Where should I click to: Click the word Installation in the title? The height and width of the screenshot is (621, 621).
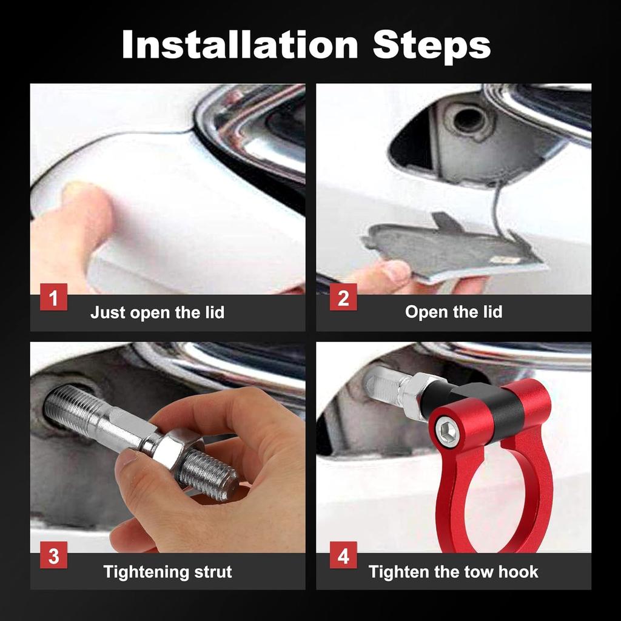pos(240,44)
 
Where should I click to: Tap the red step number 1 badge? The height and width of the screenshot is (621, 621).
pos(53,297)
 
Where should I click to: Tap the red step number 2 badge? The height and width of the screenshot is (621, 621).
pos(343,297)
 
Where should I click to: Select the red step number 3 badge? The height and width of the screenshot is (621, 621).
pos(53,556)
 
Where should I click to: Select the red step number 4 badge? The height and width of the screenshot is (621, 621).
pos(343,556)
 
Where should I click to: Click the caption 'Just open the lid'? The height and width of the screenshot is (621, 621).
pos(157,313)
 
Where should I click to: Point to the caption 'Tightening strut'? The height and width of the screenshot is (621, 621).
pos(167,572)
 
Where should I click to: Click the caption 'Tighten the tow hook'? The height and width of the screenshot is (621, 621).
pos(454,572)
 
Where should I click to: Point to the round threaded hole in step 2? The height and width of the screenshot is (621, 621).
pos(469,119)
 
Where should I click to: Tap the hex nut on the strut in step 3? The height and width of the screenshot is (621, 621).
pos(170,449)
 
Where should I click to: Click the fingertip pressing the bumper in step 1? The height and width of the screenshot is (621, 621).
pos(85,202)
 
